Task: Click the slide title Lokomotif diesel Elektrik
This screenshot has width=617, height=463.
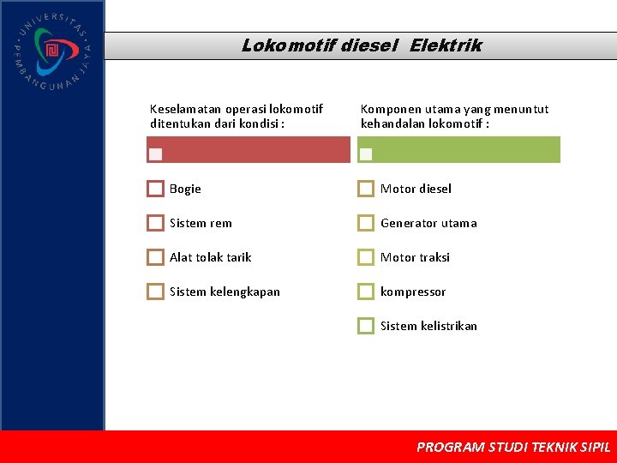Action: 361,45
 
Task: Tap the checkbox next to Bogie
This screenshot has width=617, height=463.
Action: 155,189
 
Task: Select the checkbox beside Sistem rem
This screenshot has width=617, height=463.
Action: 155,223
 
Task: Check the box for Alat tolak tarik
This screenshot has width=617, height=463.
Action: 155,257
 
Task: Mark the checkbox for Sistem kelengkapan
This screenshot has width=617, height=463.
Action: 155,292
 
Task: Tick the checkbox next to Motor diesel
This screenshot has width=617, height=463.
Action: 366,189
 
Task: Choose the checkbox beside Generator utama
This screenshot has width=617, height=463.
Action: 366,223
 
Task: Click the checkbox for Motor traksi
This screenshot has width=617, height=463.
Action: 366,257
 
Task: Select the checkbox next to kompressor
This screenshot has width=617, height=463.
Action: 366,292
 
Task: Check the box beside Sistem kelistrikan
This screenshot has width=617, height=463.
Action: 366,326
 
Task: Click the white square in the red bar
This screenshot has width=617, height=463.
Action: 155,154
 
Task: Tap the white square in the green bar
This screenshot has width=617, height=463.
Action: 366,154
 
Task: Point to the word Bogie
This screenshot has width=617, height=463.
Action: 185,189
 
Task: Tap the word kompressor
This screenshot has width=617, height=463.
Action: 413,292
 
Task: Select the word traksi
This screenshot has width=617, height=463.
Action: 434,257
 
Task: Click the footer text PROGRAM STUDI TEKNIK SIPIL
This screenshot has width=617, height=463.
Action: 513,447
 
